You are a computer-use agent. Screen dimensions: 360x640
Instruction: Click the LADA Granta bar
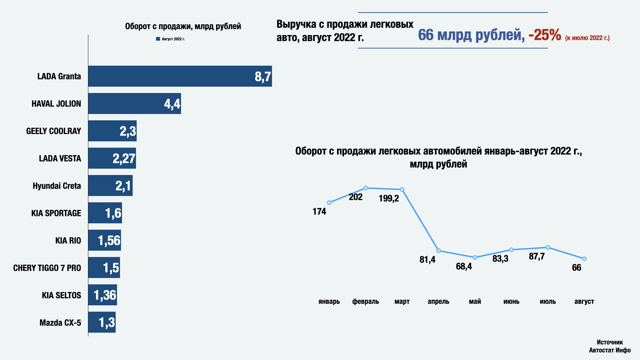point(180,76)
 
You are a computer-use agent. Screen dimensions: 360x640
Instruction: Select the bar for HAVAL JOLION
point(134,104)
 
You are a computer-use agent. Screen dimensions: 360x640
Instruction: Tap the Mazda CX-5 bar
point(102,322)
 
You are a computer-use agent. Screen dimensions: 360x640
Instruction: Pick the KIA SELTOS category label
point(61,295)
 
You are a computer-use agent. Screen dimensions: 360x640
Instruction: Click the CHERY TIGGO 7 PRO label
point(47,268)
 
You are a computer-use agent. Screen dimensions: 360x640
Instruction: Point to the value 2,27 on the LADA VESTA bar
point(124,159)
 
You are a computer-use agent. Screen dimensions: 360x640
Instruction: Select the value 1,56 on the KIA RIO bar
point(109,241)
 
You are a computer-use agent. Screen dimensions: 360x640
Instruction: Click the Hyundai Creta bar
point(110,186)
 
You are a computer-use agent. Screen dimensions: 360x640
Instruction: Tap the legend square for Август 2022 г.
point(158,39)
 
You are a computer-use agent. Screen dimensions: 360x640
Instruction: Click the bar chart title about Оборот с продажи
point(183,26)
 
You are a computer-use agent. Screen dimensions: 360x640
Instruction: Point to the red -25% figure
point(545,35)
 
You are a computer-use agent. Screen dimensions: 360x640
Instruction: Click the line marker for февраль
point(366,188)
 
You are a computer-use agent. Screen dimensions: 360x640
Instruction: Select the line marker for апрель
point(438,251)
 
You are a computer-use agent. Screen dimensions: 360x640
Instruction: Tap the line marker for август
point(584,259)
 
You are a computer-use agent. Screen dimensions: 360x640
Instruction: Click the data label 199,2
point(389,199)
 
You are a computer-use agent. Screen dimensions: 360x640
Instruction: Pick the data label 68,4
point(464,266)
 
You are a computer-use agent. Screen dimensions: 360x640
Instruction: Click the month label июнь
point(511,302)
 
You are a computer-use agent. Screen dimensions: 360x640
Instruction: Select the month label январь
point(329,302)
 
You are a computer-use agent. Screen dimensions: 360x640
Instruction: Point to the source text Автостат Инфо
point(610,350)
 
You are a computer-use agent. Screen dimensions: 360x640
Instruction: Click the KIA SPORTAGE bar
point(105,213)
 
